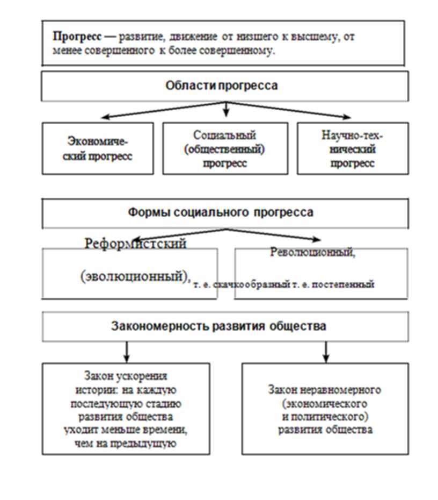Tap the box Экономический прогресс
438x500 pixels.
tap(98, 149)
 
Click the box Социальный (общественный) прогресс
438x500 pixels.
tap(225, 149)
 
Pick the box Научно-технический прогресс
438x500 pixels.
tap(352, 149)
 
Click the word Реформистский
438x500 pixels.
tap(135, 244)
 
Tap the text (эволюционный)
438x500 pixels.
tap(135, 276)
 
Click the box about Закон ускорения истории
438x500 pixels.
tap(126, 409)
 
